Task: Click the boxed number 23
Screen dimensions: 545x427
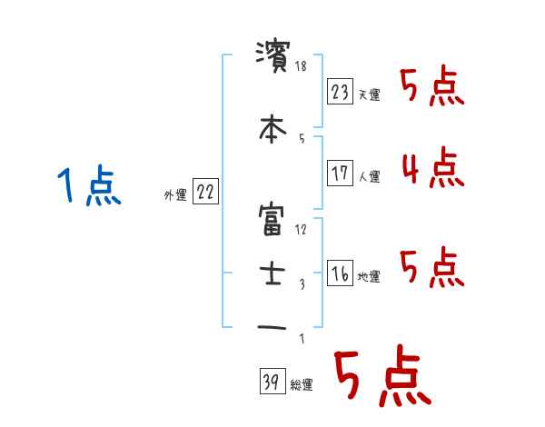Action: pos(339,92)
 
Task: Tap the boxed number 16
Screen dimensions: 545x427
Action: pos(339,274)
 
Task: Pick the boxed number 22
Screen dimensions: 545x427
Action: pos(205,192)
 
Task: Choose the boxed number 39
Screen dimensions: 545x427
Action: pos(271,382)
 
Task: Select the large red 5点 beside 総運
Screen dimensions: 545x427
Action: pos(381,378)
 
